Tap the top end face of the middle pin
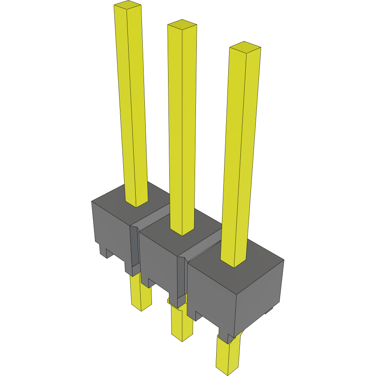point(182,24)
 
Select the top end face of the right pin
point(245,47)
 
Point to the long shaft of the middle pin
point(182,125)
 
